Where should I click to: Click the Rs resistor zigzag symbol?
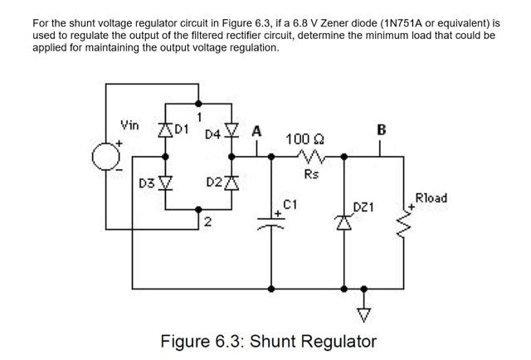click(x=309, y=158)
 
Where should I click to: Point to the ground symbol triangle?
click(x=363, y=313)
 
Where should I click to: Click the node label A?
click(x=256, y=131)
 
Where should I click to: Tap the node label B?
click(x=381, y=129)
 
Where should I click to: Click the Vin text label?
click(x=130, y=126)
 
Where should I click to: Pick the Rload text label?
click(x=431, y=198)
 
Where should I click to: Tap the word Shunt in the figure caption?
click(x=284, y=341)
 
